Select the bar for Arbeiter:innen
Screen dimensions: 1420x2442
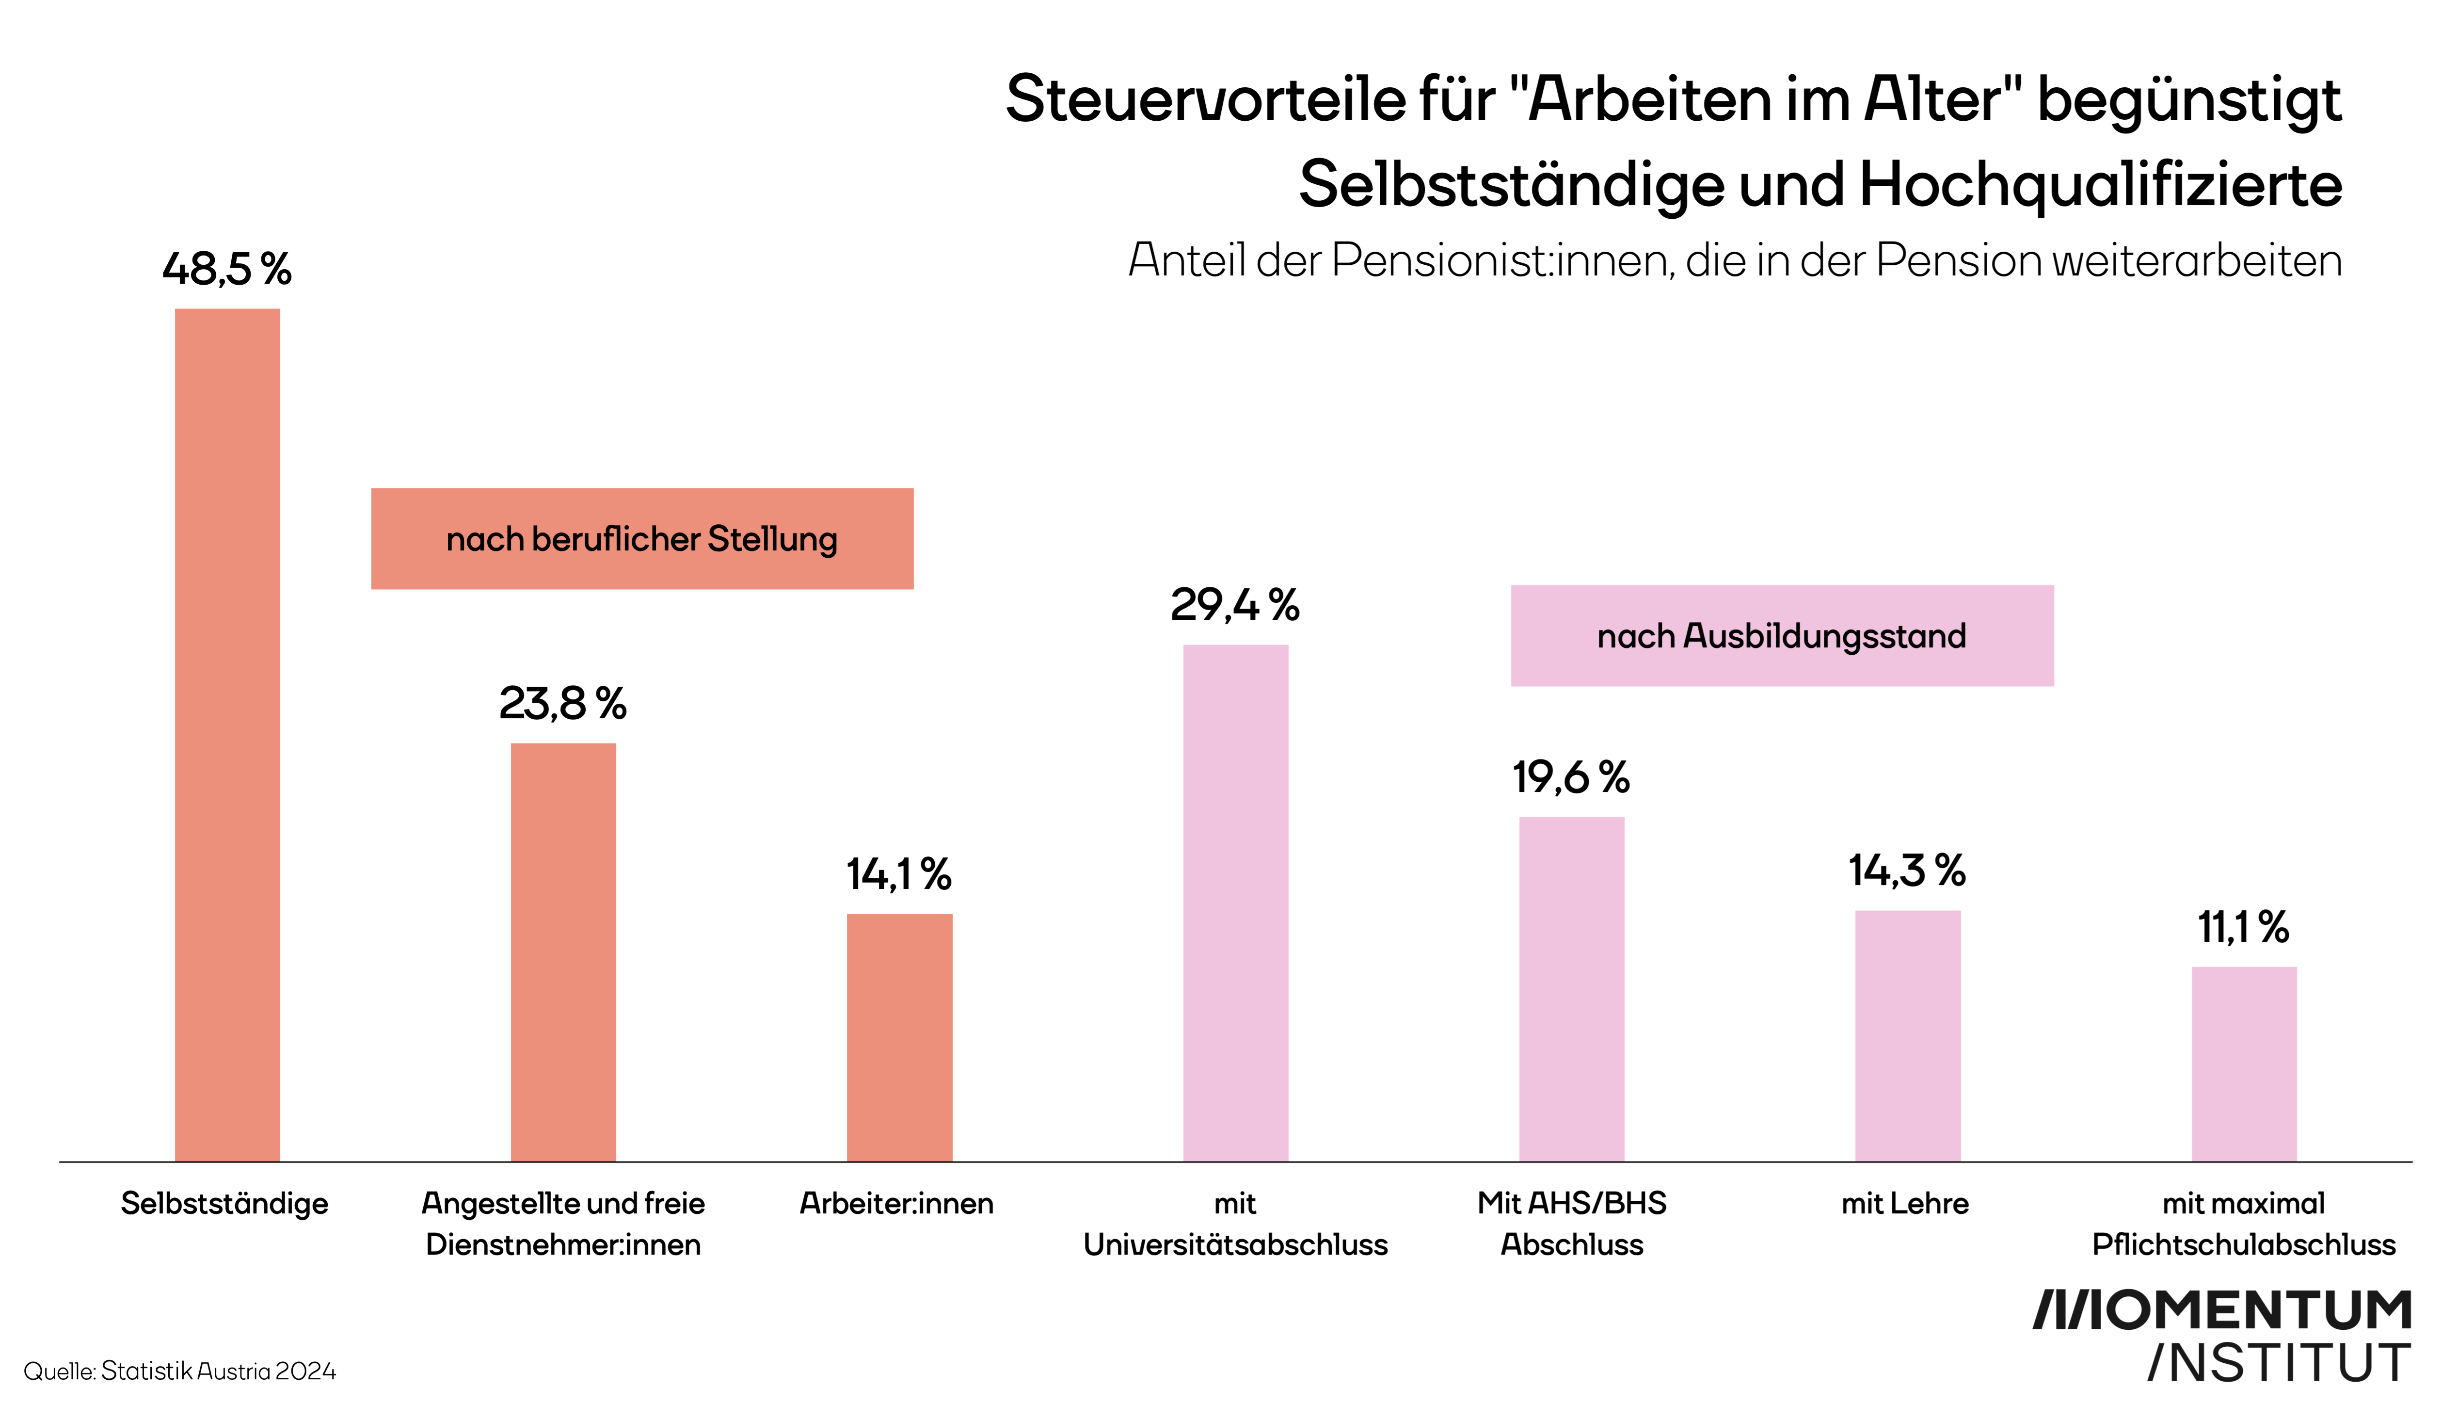tap(899, 1037)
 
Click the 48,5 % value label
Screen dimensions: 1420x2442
tap(227, 269)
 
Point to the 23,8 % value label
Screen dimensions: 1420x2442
tap(563, 703)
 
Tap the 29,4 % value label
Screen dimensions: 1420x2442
tap(1235, 605)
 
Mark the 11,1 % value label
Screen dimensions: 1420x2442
tap(2243, 927)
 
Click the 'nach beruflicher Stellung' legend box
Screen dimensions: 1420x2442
tap(641, 539)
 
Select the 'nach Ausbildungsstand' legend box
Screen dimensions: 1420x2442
tap(1781, 636)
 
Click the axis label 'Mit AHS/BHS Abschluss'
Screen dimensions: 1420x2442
tap(1572, 1223)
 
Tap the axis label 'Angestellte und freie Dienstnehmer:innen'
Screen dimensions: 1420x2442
tap(563, 1223)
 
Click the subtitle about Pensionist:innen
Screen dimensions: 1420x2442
tap(1735, 260)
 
